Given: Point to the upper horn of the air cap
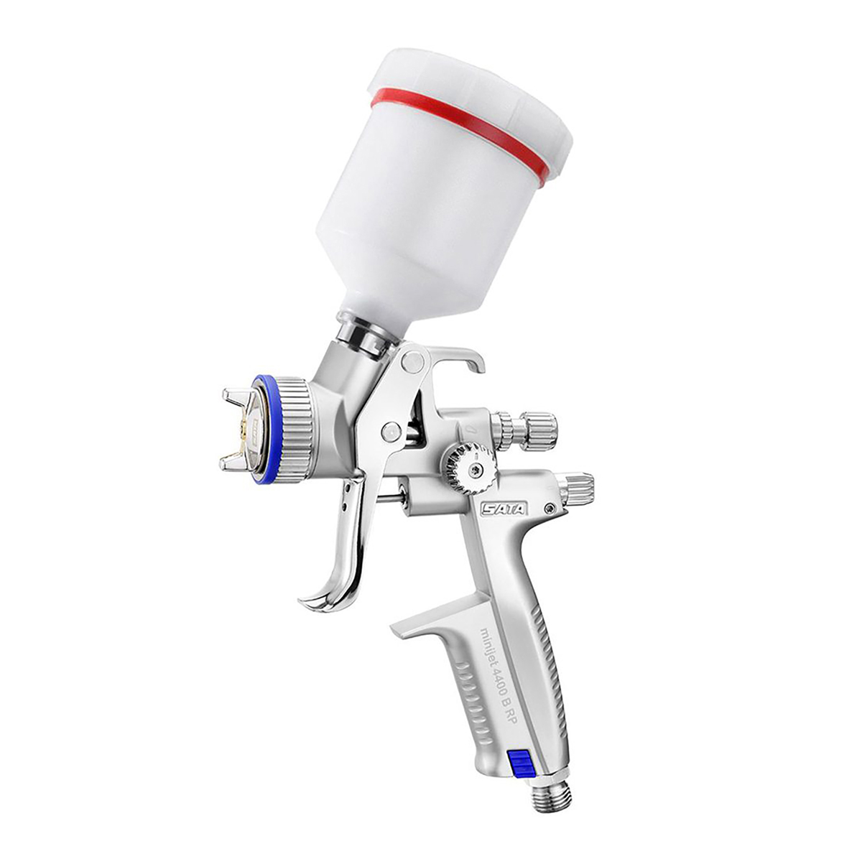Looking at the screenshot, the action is coord(236,398).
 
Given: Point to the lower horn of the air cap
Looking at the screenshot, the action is coord(235,460).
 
